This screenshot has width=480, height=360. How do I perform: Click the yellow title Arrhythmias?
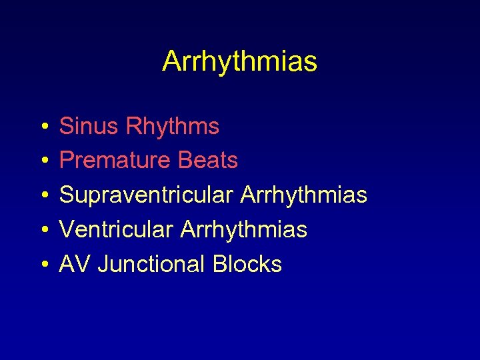point(239,62)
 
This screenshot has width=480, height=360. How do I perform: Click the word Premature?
point(115,161)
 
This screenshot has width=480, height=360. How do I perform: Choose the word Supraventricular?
point(146,195)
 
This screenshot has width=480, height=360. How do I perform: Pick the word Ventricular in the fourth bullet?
point(116,230)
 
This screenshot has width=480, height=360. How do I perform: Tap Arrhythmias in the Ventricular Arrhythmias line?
point(243,230)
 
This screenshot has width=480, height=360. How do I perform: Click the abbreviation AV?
point(75,265)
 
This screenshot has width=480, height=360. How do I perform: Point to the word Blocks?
point(247,265)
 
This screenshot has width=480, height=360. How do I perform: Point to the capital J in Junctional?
point(103,265)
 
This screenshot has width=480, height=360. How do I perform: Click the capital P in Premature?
point(66,161)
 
